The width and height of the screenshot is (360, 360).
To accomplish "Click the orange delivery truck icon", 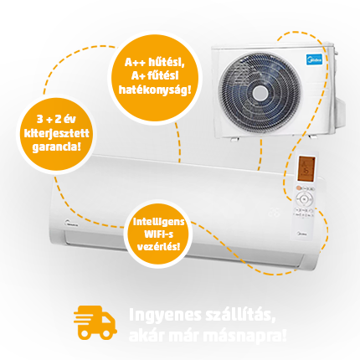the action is pyautogui.click(x=95, y=322).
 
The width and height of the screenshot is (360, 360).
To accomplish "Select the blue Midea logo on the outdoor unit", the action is pyautogui.click(x=314, y=59).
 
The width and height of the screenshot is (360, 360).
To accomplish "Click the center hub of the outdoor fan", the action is pyautogui.click(x=260, y=94).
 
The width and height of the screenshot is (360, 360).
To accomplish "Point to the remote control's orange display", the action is pyautogui.click(x=306, y=168).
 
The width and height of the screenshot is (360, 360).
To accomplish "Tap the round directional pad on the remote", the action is pyautogui.click(x=304, y=199).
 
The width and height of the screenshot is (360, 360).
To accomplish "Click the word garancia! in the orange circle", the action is pyautogui.click(x=56, y=147).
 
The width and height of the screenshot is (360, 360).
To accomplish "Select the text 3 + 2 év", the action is pyautogui.click(x=56, y=120).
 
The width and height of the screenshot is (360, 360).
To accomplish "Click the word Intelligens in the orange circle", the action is pyautogui.click(x=158, y=222).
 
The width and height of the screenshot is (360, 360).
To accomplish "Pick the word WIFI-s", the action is pyautogui.click(x=158, y=234).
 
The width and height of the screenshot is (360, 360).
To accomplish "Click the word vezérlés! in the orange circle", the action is pyautogui.click(x=158, y=246).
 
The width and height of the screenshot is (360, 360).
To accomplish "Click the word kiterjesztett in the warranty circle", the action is pyautogui.click(x=57, y=133).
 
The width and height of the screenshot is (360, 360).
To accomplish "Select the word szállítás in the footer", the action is pyautogui.click(x=239, y=316).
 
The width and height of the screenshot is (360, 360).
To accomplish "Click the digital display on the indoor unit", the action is pyautogui.click(x=274, y=213).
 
